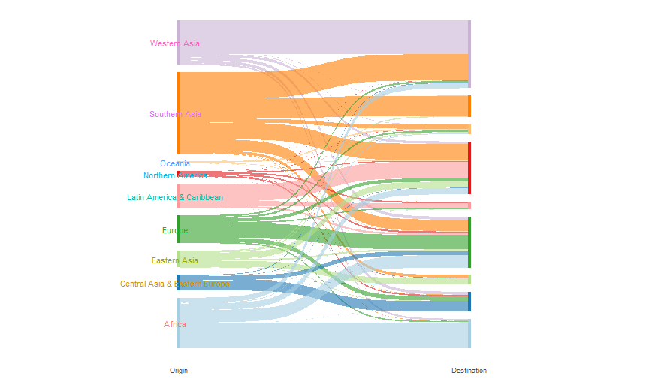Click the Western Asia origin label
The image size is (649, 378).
point(175,43)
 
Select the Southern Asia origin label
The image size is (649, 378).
point(175,114)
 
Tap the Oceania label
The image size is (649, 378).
point(175,163)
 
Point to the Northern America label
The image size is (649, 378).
point(175,175)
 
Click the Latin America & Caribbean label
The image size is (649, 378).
point(175,197)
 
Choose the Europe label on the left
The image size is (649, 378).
point(175,230)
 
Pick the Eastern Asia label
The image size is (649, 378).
point(175,260)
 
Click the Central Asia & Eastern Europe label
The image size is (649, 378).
point(175,283)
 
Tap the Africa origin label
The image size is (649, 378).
point(175,324)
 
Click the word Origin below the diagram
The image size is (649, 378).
point(179,370)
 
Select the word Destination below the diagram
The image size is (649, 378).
point(469,370)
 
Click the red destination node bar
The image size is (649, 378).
point(469,167)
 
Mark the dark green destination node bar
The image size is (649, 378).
point(469,241)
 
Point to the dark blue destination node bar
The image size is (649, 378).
point(469,301)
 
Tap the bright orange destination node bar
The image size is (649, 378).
point(469,106)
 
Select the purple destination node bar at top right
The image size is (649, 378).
point(469,52)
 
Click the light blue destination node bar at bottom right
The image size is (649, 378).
point(469,334)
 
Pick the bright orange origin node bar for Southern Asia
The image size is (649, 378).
point(179,112)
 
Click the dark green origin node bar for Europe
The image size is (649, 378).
point(179,229)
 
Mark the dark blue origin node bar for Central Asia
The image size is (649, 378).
point(179,282)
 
